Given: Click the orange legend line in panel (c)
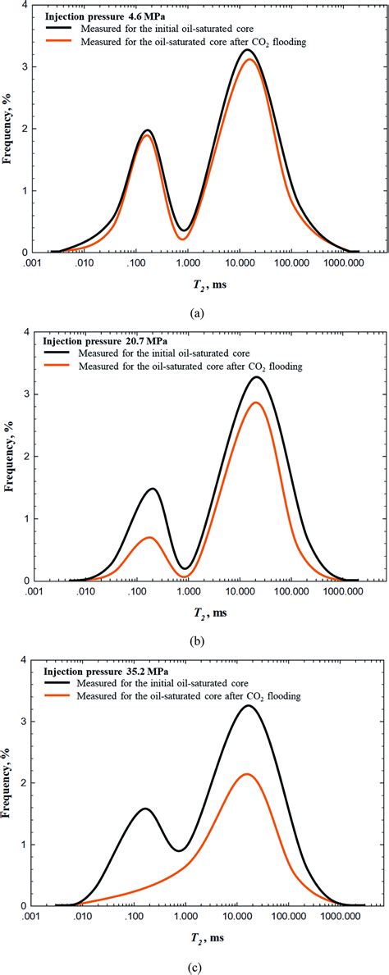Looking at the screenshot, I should tap(57, 695).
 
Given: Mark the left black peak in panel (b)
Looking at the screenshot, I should tap(153, 489).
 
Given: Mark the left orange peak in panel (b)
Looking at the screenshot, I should tap(151, 537).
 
